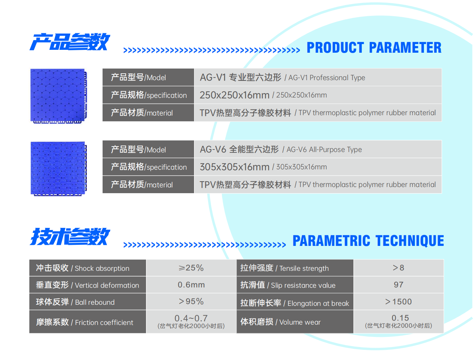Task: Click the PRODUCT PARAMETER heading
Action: pos(374,47)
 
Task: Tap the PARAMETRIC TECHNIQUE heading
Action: pos(368,240)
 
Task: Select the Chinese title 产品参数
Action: pos(70,42)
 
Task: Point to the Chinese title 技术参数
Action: pos(70,237)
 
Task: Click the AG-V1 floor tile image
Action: pos(59,96)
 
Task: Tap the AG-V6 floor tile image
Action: pos(59,169)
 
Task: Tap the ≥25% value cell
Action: pos(191,268)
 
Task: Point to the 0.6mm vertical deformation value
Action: pos(191,285)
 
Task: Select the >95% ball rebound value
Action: pos(191,302)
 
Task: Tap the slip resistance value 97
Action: pos(399,285)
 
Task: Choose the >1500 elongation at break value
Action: pos(399,302)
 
